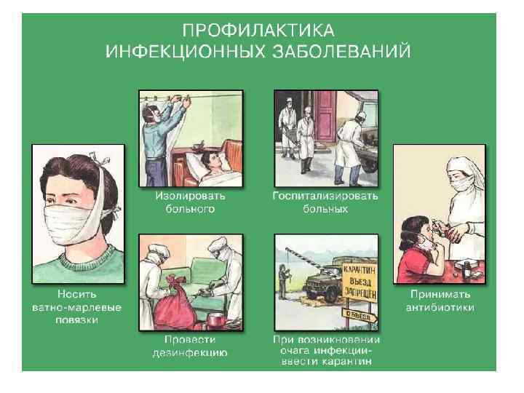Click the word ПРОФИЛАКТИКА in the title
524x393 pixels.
pos(258,31)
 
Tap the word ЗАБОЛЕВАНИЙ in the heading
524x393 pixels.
pos(341,52)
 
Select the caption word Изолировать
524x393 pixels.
pos(190,196)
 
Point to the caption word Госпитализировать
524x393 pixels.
pos(325,196)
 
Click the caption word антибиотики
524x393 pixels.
pos(440,307)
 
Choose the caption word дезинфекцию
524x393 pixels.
pos(190,353)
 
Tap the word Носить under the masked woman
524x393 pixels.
pos(77,294)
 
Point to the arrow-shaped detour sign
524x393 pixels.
pos(360,315)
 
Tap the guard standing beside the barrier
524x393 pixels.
pos(283,282)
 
